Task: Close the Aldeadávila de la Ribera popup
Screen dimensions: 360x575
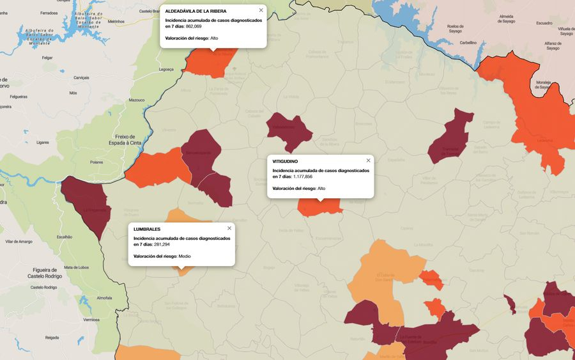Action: coord(261,10)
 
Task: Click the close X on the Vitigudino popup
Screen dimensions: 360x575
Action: coord(368,160)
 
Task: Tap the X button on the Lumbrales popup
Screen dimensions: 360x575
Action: coord(229,228)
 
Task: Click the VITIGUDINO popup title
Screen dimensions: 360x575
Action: coord(285,161)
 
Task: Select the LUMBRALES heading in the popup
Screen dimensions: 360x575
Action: coord(147,229)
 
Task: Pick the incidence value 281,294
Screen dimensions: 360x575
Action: coord(162,244)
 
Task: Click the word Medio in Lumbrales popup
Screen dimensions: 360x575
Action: coord(185,256)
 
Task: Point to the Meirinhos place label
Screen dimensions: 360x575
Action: coord(116,22)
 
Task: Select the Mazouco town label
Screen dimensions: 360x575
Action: coord(137,100)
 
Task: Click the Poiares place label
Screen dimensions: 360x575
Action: coord(96,162)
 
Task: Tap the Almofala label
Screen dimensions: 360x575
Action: coord(103,298)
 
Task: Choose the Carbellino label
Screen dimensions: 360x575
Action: coord(468,42)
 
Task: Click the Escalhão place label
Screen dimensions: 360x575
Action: coord(65,237)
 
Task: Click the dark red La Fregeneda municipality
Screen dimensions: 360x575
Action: coord(87,205)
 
